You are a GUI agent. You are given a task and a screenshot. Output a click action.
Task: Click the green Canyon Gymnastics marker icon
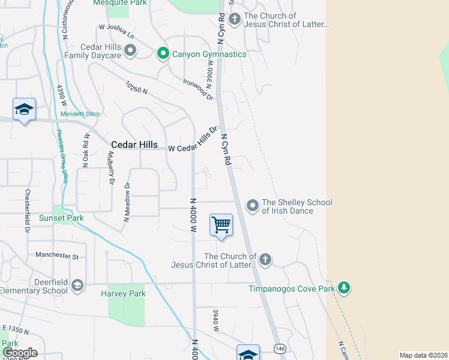[162, 54]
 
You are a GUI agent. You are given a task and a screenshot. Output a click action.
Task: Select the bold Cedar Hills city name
[134, 145]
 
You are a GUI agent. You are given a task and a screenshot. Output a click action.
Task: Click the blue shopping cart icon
[221, 226]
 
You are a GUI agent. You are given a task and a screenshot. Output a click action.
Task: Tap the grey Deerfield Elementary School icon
[77, 285]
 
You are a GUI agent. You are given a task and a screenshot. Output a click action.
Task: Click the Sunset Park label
[62, 218]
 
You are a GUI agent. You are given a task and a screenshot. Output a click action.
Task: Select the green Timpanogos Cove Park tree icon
[344, 288]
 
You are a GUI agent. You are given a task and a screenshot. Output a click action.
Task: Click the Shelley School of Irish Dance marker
[253, 206]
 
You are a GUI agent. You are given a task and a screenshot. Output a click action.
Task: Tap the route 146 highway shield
[280, 347]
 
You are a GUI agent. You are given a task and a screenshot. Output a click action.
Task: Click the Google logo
[19, 353]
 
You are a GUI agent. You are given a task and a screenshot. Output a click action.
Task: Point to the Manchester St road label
[57, 256]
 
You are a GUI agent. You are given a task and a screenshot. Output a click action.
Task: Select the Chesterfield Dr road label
[28, 211]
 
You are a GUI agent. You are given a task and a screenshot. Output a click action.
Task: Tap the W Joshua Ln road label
[117, 31]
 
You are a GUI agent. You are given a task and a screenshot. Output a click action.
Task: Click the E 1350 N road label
[16, 329]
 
